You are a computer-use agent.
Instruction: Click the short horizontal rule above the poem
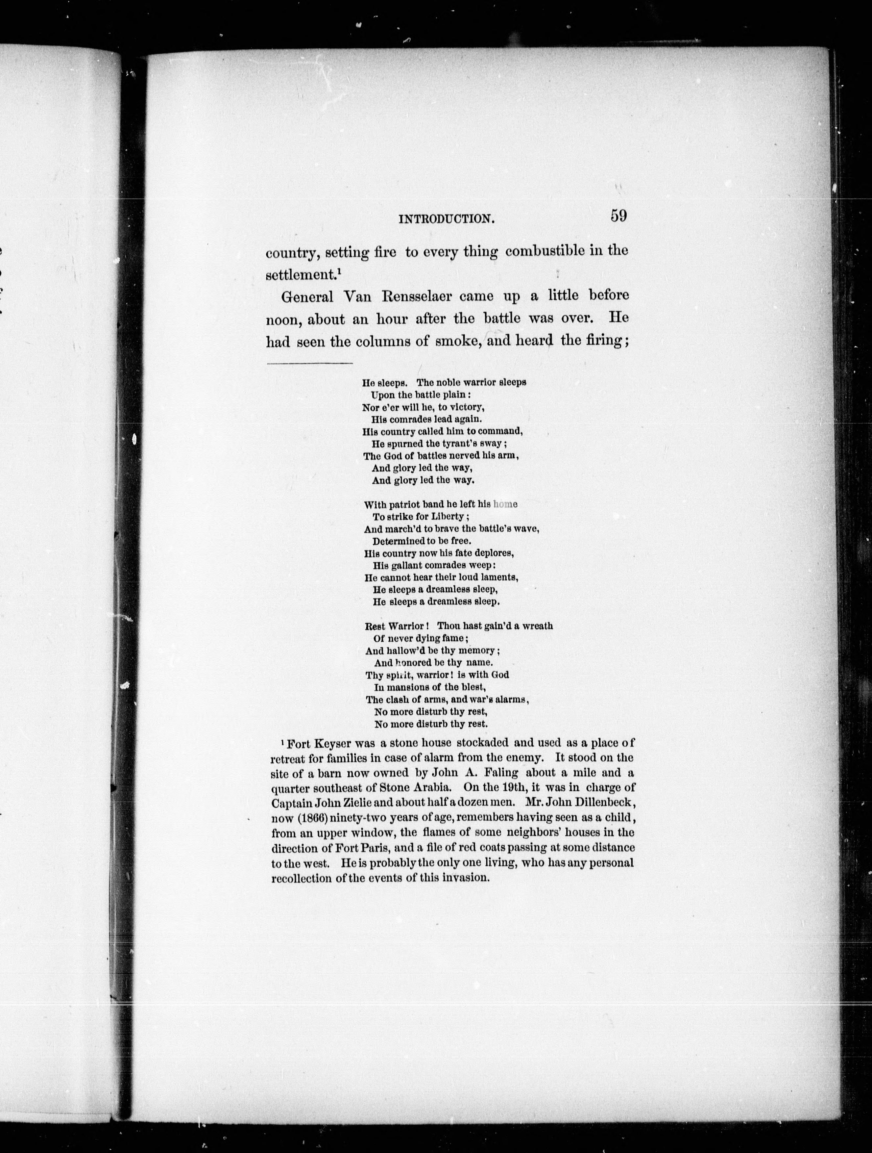(309, 363)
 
